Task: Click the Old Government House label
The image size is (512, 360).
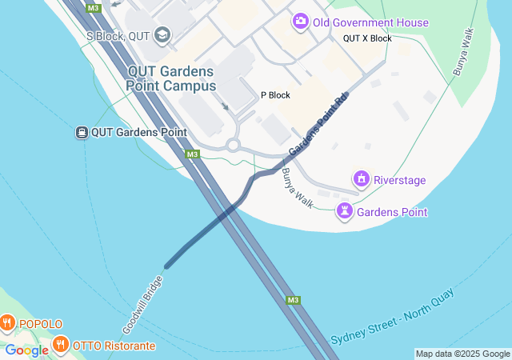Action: point(370,22)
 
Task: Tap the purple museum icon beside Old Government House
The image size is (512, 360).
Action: point(301,22)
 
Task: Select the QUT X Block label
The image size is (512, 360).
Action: point(367,38)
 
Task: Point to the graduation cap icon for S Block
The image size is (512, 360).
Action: point(163,34)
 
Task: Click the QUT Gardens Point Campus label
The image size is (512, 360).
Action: point(172,78)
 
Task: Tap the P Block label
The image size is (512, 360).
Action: point(275,95)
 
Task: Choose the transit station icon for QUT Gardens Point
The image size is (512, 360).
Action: point(82,132)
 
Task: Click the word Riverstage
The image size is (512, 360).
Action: point(400,180)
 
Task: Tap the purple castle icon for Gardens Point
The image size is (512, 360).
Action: point(345,211)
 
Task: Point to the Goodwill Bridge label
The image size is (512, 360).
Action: point(144,305)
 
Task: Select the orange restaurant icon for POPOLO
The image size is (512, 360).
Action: point(8,323)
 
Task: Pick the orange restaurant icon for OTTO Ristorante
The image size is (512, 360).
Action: point(60,345)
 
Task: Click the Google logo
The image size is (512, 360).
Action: point(26,350)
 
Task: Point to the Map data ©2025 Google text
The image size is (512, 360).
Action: point(462,354)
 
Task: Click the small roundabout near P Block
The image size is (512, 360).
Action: point(233,145)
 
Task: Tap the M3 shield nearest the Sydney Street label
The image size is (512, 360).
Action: point(294,300)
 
